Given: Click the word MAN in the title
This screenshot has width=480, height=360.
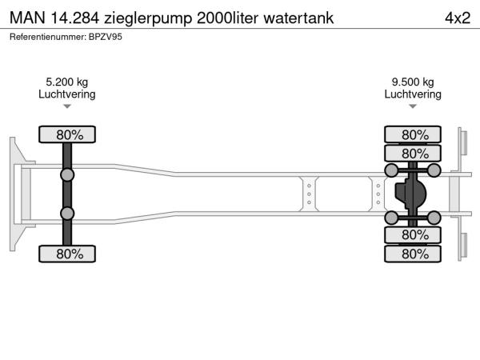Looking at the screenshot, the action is point(27,18).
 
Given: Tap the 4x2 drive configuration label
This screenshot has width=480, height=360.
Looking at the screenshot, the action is point(458,18).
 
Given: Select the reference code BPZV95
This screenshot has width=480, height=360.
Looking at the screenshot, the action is point(106,37).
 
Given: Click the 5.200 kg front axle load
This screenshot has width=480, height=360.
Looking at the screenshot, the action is point(67,82).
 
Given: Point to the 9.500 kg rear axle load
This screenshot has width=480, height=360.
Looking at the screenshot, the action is point(413,82).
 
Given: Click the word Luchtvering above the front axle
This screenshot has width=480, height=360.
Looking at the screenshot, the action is point(67,94).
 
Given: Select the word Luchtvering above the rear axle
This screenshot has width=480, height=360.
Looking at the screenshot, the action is point(413,94).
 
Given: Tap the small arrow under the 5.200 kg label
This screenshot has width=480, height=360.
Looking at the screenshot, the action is point(67,106).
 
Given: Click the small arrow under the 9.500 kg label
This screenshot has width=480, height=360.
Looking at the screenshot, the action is point(413,106).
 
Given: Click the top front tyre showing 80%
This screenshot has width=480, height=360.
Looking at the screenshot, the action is point(67,134).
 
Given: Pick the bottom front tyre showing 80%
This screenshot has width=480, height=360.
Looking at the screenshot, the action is point(67,254).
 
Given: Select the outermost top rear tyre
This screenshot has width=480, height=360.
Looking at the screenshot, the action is point(413,134).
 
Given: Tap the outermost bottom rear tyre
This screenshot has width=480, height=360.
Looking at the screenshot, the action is point(413,254).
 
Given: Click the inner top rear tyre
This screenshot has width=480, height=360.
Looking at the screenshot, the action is point(413,153).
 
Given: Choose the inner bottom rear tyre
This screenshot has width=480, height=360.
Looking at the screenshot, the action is point(413,235).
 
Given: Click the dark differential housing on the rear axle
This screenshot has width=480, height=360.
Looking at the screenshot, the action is point(410,194).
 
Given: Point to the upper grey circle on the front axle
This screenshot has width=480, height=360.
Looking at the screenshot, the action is point(67,175).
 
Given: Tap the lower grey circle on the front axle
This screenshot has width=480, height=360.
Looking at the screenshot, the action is point(67,214).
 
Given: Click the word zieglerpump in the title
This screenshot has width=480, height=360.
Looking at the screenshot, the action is point(148,18).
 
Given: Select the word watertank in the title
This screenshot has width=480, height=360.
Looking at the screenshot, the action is point(298,18).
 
